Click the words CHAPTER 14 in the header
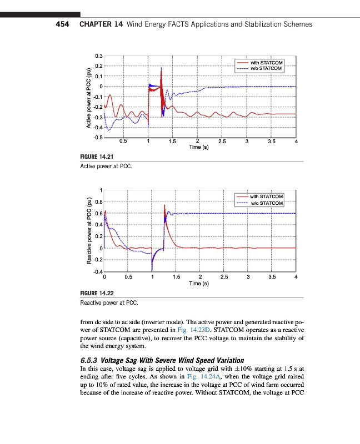click(102, 24)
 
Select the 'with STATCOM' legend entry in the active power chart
click(267, 63)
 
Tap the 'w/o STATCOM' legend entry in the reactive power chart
click(267, 203)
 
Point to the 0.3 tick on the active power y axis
click(99, 56)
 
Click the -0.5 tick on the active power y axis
click(98, 137)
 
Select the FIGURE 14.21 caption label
click(97, 157)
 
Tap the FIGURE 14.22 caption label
click(97, 293)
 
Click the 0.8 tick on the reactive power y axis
click(98, 202)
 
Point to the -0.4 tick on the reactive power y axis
click(98, 271)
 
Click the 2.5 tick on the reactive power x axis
click(224, 276)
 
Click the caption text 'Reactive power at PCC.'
click(109, 303)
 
